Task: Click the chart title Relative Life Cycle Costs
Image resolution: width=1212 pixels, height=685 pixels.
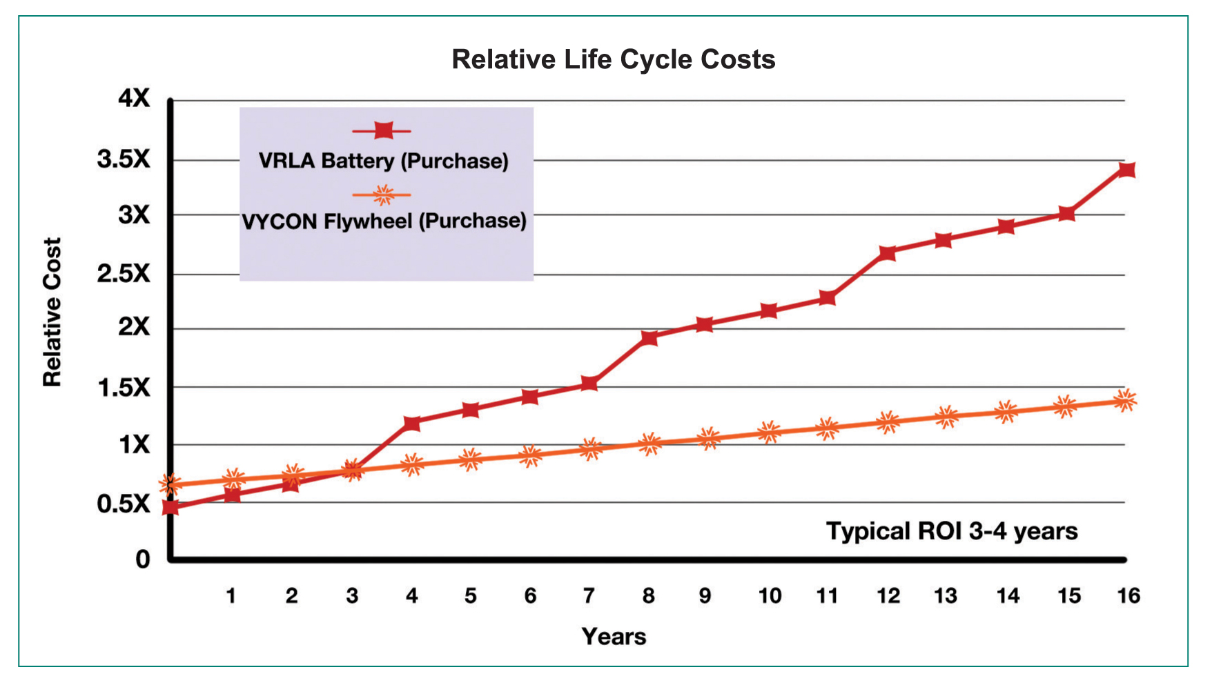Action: pyautogui.click(x=613, y=60)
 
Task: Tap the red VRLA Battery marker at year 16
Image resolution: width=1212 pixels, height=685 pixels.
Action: pyautogui.click(x=1126, y=170)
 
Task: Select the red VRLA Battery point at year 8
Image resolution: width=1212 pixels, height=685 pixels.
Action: pyautogui.click(x=649, y=337)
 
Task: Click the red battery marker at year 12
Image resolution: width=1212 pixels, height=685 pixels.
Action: pyautogui.click(x=887, y=253)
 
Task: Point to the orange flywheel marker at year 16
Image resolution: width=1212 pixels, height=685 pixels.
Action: pyautogui.click(x=1125, y=400)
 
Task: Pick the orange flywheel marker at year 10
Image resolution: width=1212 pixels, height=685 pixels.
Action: pyautogui.click(x=768, y=433)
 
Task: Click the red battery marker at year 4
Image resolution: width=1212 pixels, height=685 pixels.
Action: pyautogui.click(x=411, y=423)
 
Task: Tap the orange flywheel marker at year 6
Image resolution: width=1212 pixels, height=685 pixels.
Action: pyautogui.click(x=530, y=455)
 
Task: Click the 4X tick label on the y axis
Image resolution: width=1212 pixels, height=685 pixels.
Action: pyautogui.click(x=133, y=99)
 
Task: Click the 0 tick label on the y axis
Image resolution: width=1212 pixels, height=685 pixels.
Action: pyautogui.click(x=142, y=559)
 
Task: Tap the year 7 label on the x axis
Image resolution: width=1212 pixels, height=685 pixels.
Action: pyautogui.click(x=589, y=596)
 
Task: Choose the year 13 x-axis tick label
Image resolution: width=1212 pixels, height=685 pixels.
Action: pyautogui.click(x=946, y=596)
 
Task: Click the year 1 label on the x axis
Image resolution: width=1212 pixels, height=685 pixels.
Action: pyautogui.click(x=231, y=596)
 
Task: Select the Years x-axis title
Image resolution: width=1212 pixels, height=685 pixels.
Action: pyautogui.click(x=614, y=637)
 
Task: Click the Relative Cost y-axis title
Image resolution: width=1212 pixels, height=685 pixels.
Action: pyautogui.click(x=52, y=312)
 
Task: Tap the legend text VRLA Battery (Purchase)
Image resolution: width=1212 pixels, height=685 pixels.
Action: pyautogui.click(x=383, y=161)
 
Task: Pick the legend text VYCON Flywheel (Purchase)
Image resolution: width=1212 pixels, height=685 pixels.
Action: pyautogui.click(x=384, y=221)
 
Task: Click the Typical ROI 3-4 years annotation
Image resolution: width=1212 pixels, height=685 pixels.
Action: pyautogui.click(x=952, y=532)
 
